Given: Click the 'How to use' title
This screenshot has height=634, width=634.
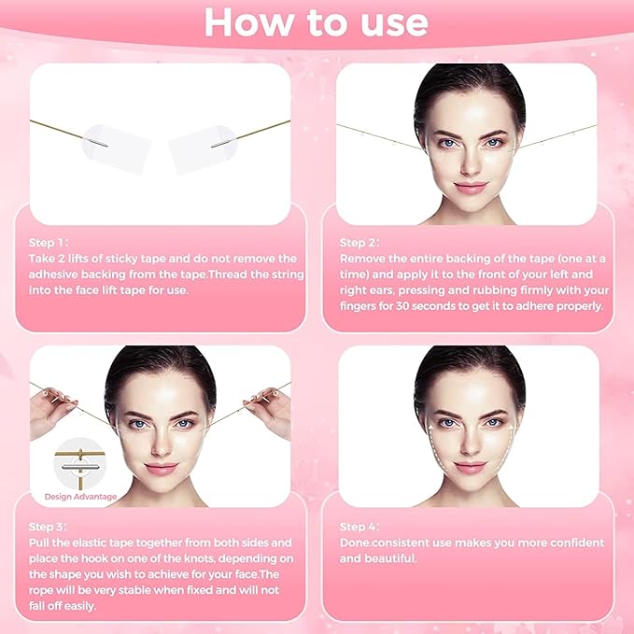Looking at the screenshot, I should pos(317,22).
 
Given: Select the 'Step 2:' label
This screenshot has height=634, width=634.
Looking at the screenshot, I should pos(360,241).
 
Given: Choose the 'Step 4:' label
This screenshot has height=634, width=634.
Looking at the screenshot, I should pos(359,527).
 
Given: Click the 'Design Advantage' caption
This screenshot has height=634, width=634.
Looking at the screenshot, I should pos(81,496).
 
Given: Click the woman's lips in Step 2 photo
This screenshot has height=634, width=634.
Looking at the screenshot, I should pos(470,188).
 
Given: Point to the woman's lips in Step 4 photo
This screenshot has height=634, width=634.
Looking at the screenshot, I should pos(470,467).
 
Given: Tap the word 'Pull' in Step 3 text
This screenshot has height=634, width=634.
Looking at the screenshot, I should pos(41,542).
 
